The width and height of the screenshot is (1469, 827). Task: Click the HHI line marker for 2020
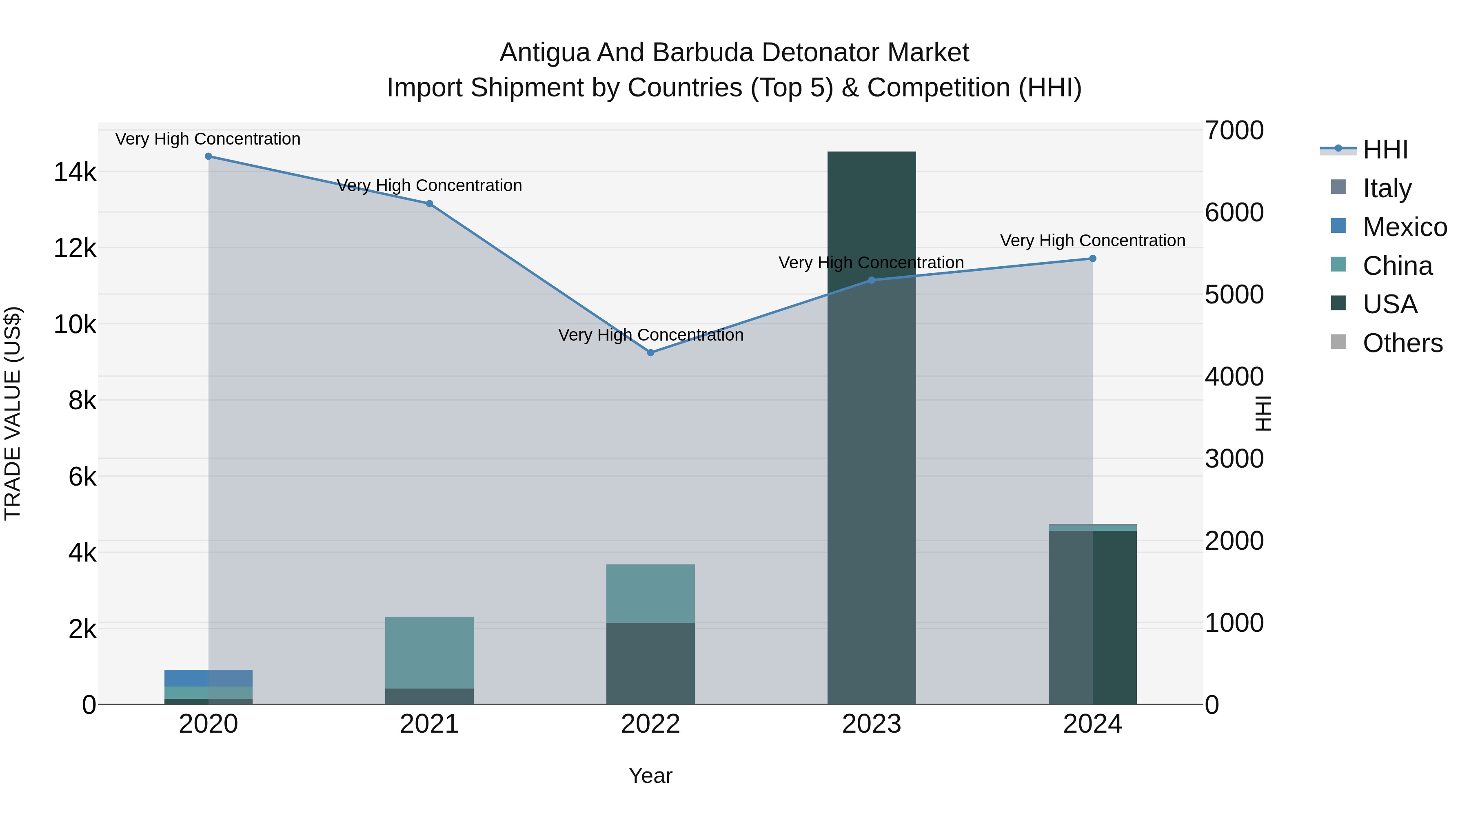pyautogui.click(x=208, y=156)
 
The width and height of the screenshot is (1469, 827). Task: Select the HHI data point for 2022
pyautogui.click(x=651, y=353)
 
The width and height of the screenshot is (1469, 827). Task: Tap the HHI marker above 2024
pyautogui.click(x=1093, y=259)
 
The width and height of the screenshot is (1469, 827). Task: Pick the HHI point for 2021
pyautogui.click(x=429, y=204)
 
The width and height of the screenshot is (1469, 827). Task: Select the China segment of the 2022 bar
pyautogui.click(x=651, y=593)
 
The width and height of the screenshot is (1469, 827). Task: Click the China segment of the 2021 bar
pyautogui.click(x=429, y=652)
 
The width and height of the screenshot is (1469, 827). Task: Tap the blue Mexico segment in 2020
pyautogui.click(x=208, y=678)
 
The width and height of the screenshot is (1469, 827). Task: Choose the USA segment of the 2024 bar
pyautogui.click(x=1093, y=616)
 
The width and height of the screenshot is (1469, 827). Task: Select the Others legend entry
pyautogui.click(x=1402, y=343)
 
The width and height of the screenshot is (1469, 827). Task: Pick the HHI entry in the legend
pyautogui.click(x=1385, y=149)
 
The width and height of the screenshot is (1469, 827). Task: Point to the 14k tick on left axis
pyautogui.click(x=75, y=172)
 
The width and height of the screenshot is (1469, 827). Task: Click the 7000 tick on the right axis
pyautogui.click(x=1234, y=130)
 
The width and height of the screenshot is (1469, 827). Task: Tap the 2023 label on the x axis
pyautogui.click(x=871, y=724)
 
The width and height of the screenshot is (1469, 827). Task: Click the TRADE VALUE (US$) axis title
pyautogui.click(x=13, y=413)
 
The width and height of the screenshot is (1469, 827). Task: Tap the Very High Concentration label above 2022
pyautogui.click(x=651, y=335)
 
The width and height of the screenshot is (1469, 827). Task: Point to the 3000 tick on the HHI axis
pyautogui.click(x=1234, y=459)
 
